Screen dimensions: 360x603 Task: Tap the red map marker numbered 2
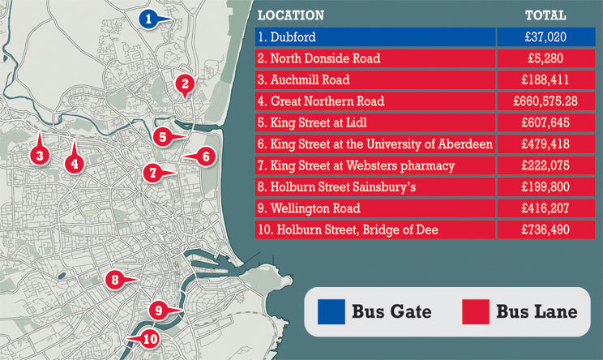click(x=185, y=83)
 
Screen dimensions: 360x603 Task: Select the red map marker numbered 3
click(x=37, y=152)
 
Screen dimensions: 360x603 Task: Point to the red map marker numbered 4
click(x=74, y=161)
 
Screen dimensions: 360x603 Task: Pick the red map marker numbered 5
click(x=162, y=137)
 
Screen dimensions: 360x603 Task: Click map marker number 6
click(x=206, y=156)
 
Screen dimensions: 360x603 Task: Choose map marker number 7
click(x=151, y=172)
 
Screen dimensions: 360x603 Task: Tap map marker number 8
click(x=115, y=281)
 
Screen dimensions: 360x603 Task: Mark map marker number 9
click(x=159, y=309)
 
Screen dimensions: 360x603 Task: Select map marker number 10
click(x=150, y=339)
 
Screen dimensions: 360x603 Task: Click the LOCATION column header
click(x=291, y=15)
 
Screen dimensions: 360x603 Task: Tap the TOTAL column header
click(x=545, y=15)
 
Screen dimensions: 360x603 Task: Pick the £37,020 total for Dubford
click(x=545, y=37)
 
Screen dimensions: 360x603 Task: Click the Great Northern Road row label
click(x=320, y=101)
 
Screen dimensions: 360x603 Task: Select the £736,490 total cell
click(x=545, y=229)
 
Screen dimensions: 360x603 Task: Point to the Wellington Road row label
click(x=305, y=208)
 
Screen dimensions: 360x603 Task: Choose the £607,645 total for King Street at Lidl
click(x=545, y=123)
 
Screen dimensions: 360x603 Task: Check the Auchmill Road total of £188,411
click(x=545, y=80)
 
